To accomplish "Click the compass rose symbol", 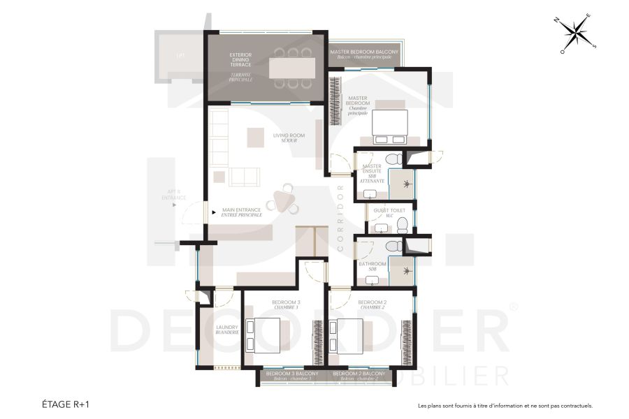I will pyautogui.click(x=577, y=35).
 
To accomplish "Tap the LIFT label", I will pyautogui.click(x=180, y=54).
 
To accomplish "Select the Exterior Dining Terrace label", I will pyautogui.click(x=240, y=67).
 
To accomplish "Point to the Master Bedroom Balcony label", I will pyautogui.click(x=364, y=54).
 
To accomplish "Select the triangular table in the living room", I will pyautogui.click(x=287, y=200).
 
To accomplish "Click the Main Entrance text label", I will pyautogui.click(x=242, y=212).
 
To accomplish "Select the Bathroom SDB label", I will pyautogui.click(x=373, y=266).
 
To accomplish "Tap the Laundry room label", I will pyautogui.click(x=227, y=330).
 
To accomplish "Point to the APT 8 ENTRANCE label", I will pyautogui.click(x=174, y=194).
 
